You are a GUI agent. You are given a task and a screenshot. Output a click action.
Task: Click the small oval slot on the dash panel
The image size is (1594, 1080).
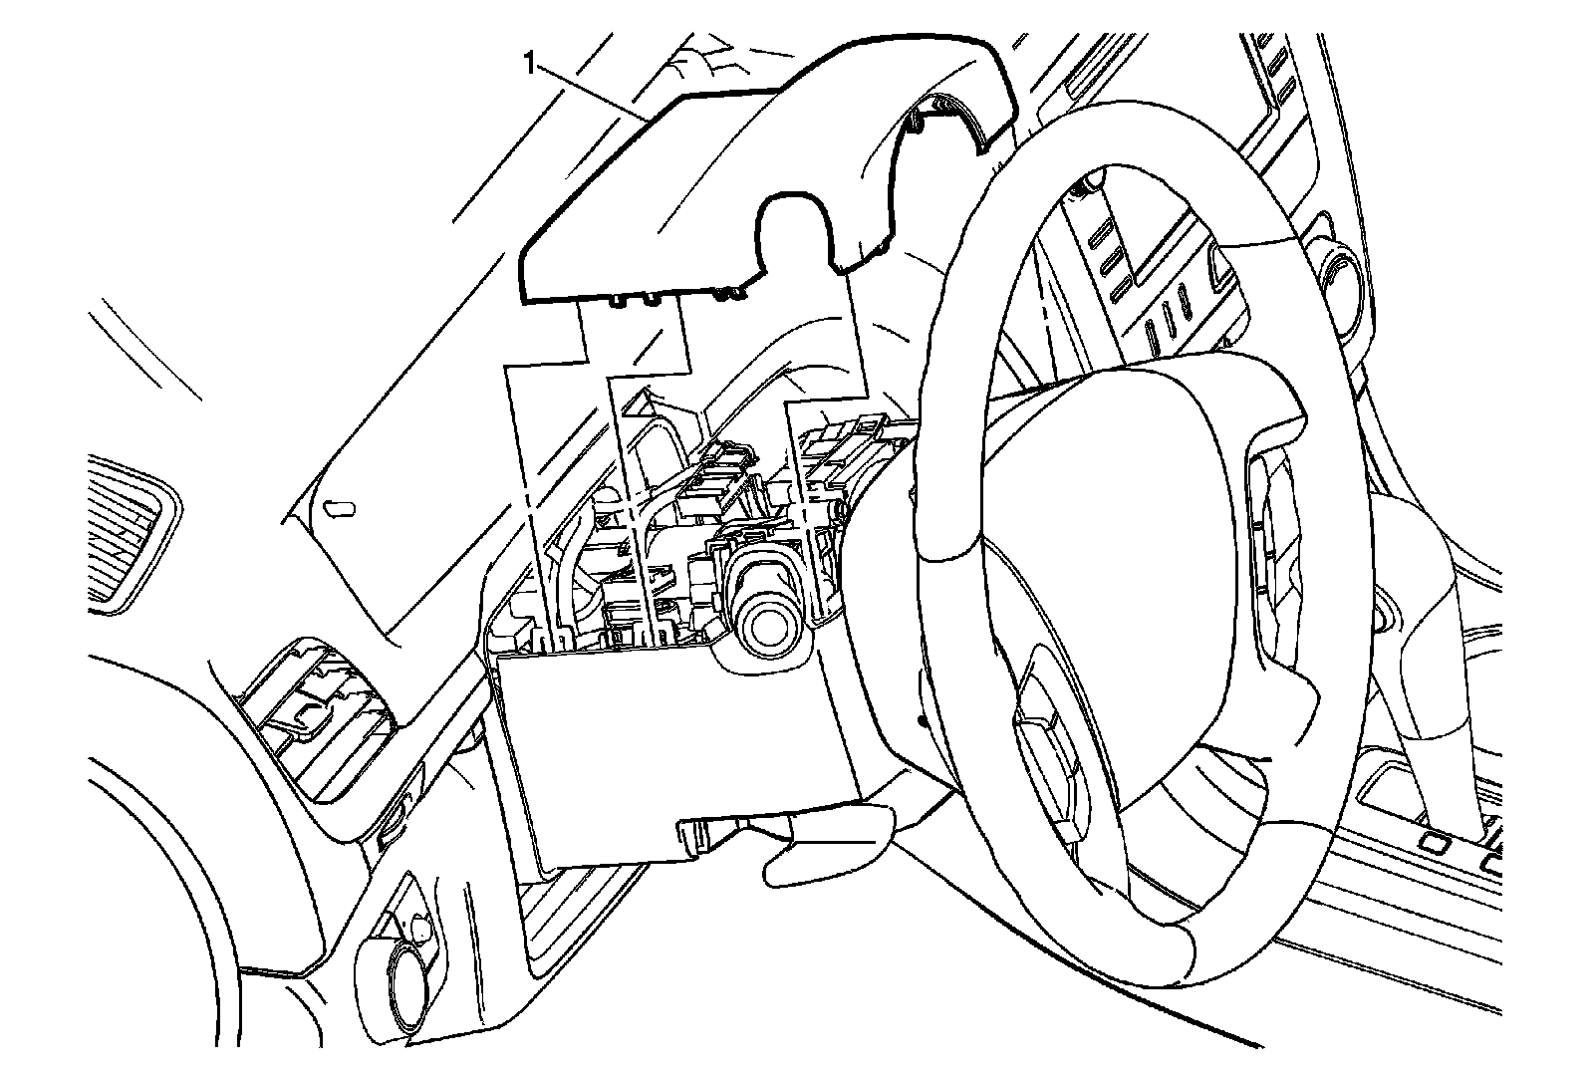coord(341,508)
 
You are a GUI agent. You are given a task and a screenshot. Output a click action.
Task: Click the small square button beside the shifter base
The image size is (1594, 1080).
coord(1435,842)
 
